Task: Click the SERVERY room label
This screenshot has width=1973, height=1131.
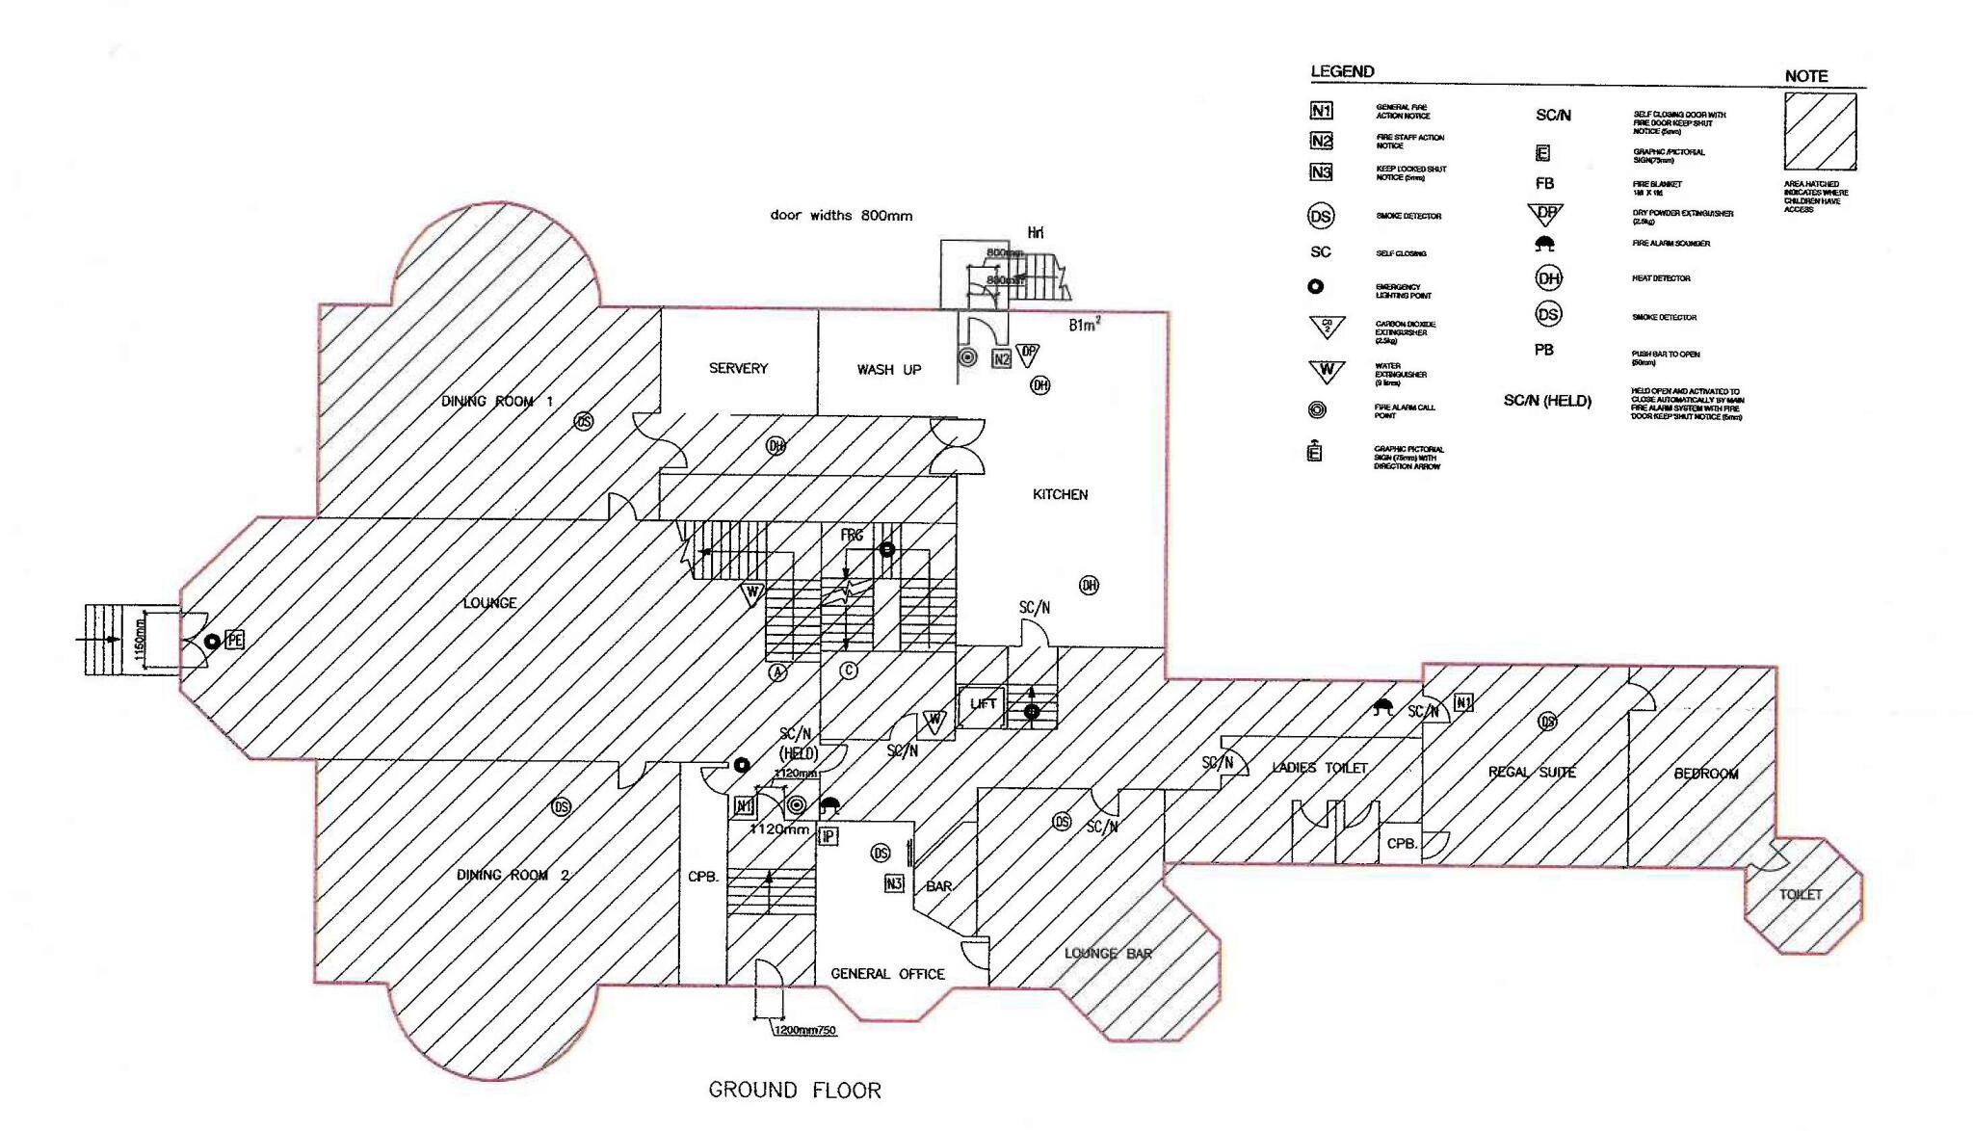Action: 738,368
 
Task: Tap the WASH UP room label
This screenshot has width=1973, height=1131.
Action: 888,369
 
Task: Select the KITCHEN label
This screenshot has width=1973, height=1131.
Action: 1060,494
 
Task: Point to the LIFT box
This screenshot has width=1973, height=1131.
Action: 983,704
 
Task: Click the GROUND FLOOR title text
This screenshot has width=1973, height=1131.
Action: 795,1090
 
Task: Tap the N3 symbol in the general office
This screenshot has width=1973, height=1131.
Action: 893,882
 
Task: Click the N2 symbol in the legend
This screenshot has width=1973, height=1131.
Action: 1321,142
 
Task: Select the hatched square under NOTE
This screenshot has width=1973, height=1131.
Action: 1820,132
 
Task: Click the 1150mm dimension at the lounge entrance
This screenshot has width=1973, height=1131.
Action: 140,640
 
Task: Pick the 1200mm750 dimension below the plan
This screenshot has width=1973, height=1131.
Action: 805,1030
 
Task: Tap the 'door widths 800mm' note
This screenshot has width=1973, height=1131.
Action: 841,216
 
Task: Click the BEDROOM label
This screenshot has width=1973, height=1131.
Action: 1705,774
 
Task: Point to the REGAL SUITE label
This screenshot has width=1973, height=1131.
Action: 1532,772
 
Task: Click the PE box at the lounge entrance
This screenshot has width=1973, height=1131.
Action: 234,640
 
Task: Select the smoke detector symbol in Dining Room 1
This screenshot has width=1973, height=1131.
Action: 584,421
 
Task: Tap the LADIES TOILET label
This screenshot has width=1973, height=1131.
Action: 1319,768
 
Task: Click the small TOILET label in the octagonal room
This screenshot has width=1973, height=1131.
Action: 1800,894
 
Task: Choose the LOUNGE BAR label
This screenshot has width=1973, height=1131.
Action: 1108,953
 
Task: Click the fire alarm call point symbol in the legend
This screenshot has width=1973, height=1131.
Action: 1317,410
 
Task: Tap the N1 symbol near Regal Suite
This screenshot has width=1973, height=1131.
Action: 1462,702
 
